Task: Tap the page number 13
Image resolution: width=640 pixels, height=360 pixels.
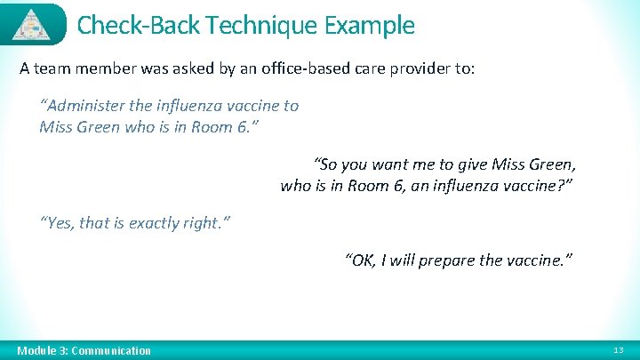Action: pos(620,351)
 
